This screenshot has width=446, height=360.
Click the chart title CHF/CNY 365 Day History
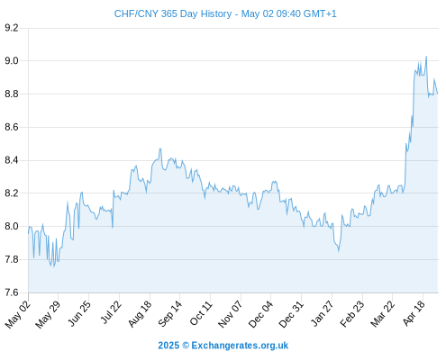coord(173,13)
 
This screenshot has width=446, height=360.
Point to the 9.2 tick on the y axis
coord(12,28)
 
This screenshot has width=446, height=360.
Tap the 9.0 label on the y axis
coord(12,61)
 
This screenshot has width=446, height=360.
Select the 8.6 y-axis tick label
coord(12,127)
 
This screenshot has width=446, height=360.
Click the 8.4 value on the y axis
coord(12,160)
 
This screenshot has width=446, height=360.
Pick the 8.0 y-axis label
coord(12,226)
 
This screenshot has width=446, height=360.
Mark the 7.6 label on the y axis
coord(12,292)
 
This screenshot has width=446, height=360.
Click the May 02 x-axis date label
coord(18,314)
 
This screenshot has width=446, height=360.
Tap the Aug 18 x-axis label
coord(140,313)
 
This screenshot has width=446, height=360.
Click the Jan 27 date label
coord(323,313)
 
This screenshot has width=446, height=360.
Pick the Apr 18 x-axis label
coord(414,313)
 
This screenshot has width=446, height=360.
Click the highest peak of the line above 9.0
coord(426,57)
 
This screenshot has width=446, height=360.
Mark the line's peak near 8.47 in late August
coord(160,148)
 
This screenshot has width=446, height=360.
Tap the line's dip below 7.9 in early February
coord(339,251)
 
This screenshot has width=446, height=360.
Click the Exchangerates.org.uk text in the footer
coord(240,346)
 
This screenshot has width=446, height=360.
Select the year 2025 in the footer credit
coord(168,346)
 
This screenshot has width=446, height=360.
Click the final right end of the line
coord(438,94)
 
